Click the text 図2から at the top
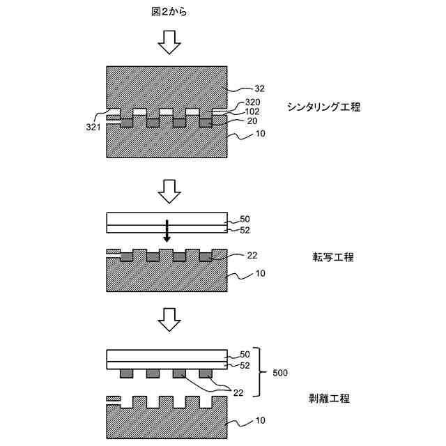tap(169, 12)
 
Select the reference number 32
tap(261, 89)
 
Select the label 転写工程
tap(333, 257)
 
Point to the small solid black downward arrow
tap(167, 232)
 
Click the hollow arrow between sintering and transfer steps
tap(169, 188)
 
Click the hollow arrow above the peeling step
tap(169, 320)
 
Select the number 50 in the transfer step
tap(245, 218)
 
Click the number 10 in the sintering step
tap(261, 134)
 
